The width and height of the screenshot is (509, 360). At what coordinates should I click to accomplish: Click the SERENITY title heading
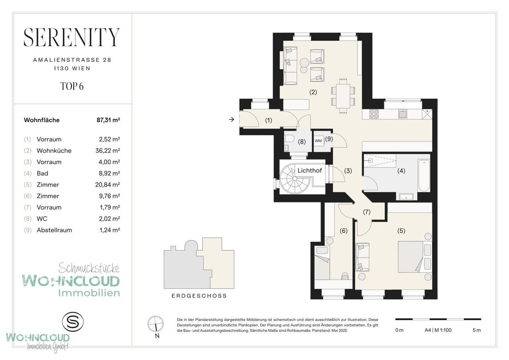(71, 37)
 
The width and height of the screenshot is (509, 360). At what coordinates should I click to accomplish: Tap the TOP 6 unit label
(72, 86)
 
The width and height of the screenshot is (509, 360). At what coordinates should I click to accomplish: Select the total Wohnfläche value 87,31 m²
(108, 120)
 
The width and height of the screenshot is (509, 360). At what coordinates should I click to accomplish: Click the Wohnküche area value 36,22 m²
(108, 150)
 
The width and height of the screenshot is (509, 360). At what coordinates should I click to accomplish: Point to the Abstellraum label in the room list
(54, 230)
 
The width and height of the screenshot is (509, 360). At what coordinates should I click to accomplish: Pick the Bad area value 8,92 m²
(109, 173)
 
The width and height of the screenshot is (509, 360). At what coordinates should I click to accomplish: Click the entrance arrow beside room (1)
(231, 119)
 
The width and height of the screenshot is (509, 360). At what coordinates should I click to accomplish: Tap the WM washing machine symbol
(318, 141)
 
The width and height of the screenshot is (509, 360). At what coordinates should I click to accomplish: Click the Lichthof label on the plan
(310, 170)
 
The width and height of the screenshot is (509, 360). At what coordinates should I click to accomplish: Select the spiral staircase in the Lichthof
(295, 179)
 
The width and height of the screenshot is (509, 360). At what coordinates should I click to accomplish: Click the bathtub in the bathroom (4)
(424, 175)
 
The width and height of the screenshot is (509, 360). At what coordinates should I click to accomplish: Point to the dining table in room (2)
(343, 96)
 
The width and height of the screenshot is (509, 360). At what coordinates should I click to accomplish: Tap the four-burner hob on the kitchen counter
(374, 114)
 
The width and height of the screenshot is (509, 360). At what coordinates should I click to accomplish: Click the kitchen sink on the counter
(403, 114)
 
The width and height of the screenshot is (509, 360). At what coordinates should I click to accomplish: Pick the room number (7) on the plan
(367, 212)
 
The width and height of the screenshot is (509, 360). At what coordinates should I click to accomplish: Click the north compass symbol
(156, 324)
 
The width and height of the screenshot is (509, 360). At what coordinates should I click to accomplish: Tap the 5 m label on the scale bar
(477, 330)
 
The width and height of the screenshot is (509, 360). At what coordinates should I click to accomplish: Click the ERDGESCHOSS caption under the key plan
(199, 296)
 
